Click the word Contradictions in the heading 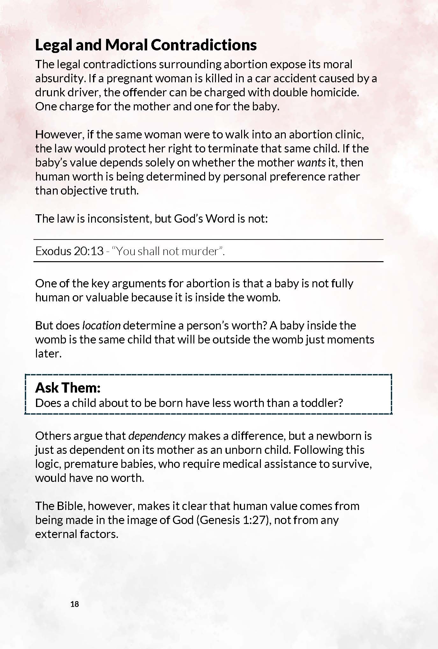(204, 45)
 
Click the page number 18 (75, 604)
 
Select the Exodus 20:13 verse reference (69, 251)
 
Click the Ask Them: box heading (68, 388)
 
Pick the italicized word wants (311, 163)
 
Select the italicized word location (101, 326)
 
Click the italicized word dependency (157, 436)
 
